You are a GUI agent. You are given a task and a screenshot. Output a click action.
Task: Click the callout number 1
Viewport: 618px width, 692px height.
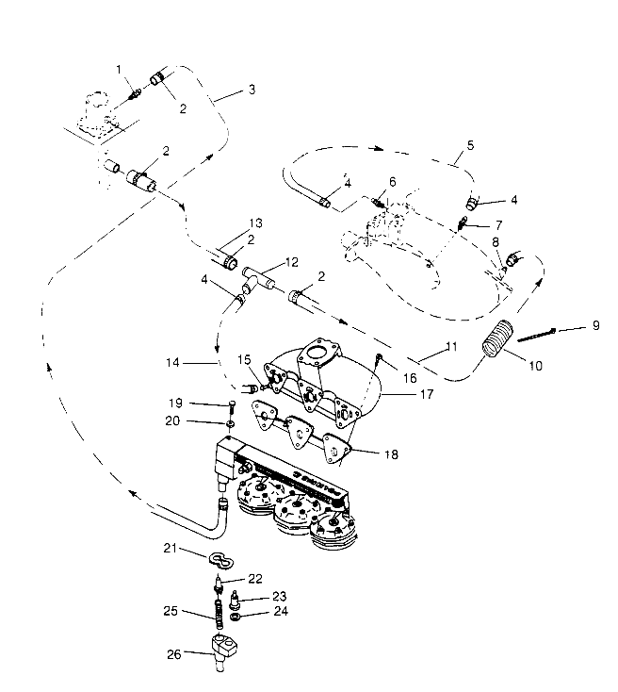(x=119, y=69)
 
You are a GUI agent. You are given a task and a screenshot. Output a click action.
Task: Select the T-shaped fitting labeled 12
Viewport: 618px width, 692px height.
(x=256, y=278)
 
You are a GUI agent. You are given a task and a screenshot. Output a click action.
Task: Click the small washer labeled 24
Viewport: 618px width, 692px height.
(x=234, y=617)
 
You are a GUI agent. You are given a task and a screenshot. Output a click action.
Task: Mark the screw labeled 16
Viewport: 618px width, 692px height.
(x=377, y=359)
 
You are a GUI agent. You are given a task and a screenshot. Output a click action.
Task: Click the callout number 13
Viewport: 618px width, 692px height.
(x=252, y=222)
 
